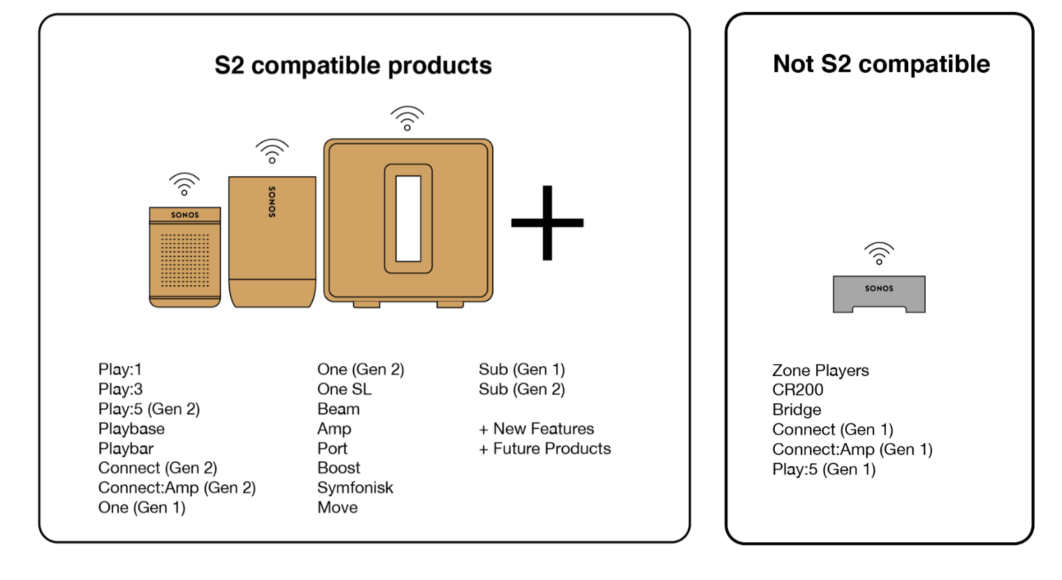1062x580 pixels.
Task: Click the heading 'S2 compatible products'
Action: [353, 66]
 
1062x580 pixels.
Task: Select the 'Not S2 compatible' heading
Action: [881, 64]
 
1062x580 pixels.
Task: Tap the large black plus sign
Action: [547, 223]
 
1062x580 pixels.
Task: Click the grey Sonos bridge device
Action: [879, 293]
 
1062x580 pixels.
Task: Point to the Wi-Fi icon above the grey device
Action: [879, 253]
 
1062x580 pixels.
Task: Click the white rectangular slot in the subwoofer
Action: [408, 218]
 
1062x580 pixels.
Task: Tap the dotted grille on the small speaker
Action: [185, 260]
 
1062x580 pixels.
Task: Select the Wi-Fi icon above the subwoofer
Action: [407, 118]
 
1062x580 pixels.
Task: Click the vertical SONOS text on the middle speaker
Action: [272, 202]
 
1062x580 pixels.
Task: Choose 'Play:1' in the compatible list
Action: [120, 369]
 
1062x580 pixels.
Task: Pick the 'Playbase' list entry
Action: [131, 428]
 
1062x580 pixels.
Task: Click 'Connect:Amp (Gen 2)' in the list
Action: [177, 488]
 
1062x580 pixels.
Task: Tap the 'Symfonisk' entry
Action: [355, 488]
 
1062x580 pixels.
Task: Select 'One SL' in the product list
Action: [344, 389]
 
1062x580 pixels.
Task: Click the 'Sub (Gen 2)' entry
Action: [522, 389]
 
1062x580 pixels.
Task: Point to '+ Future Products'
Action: [545, 449]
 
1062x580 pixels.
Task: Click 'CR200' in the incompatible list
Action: [798, 390]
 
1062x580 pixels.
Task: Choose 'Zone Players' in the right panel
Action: [820, 370]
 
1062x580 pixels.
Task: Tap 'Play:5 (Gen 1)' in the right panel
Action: [824, 470]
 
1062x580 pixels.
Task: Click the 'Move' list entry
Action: [337, 507]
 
